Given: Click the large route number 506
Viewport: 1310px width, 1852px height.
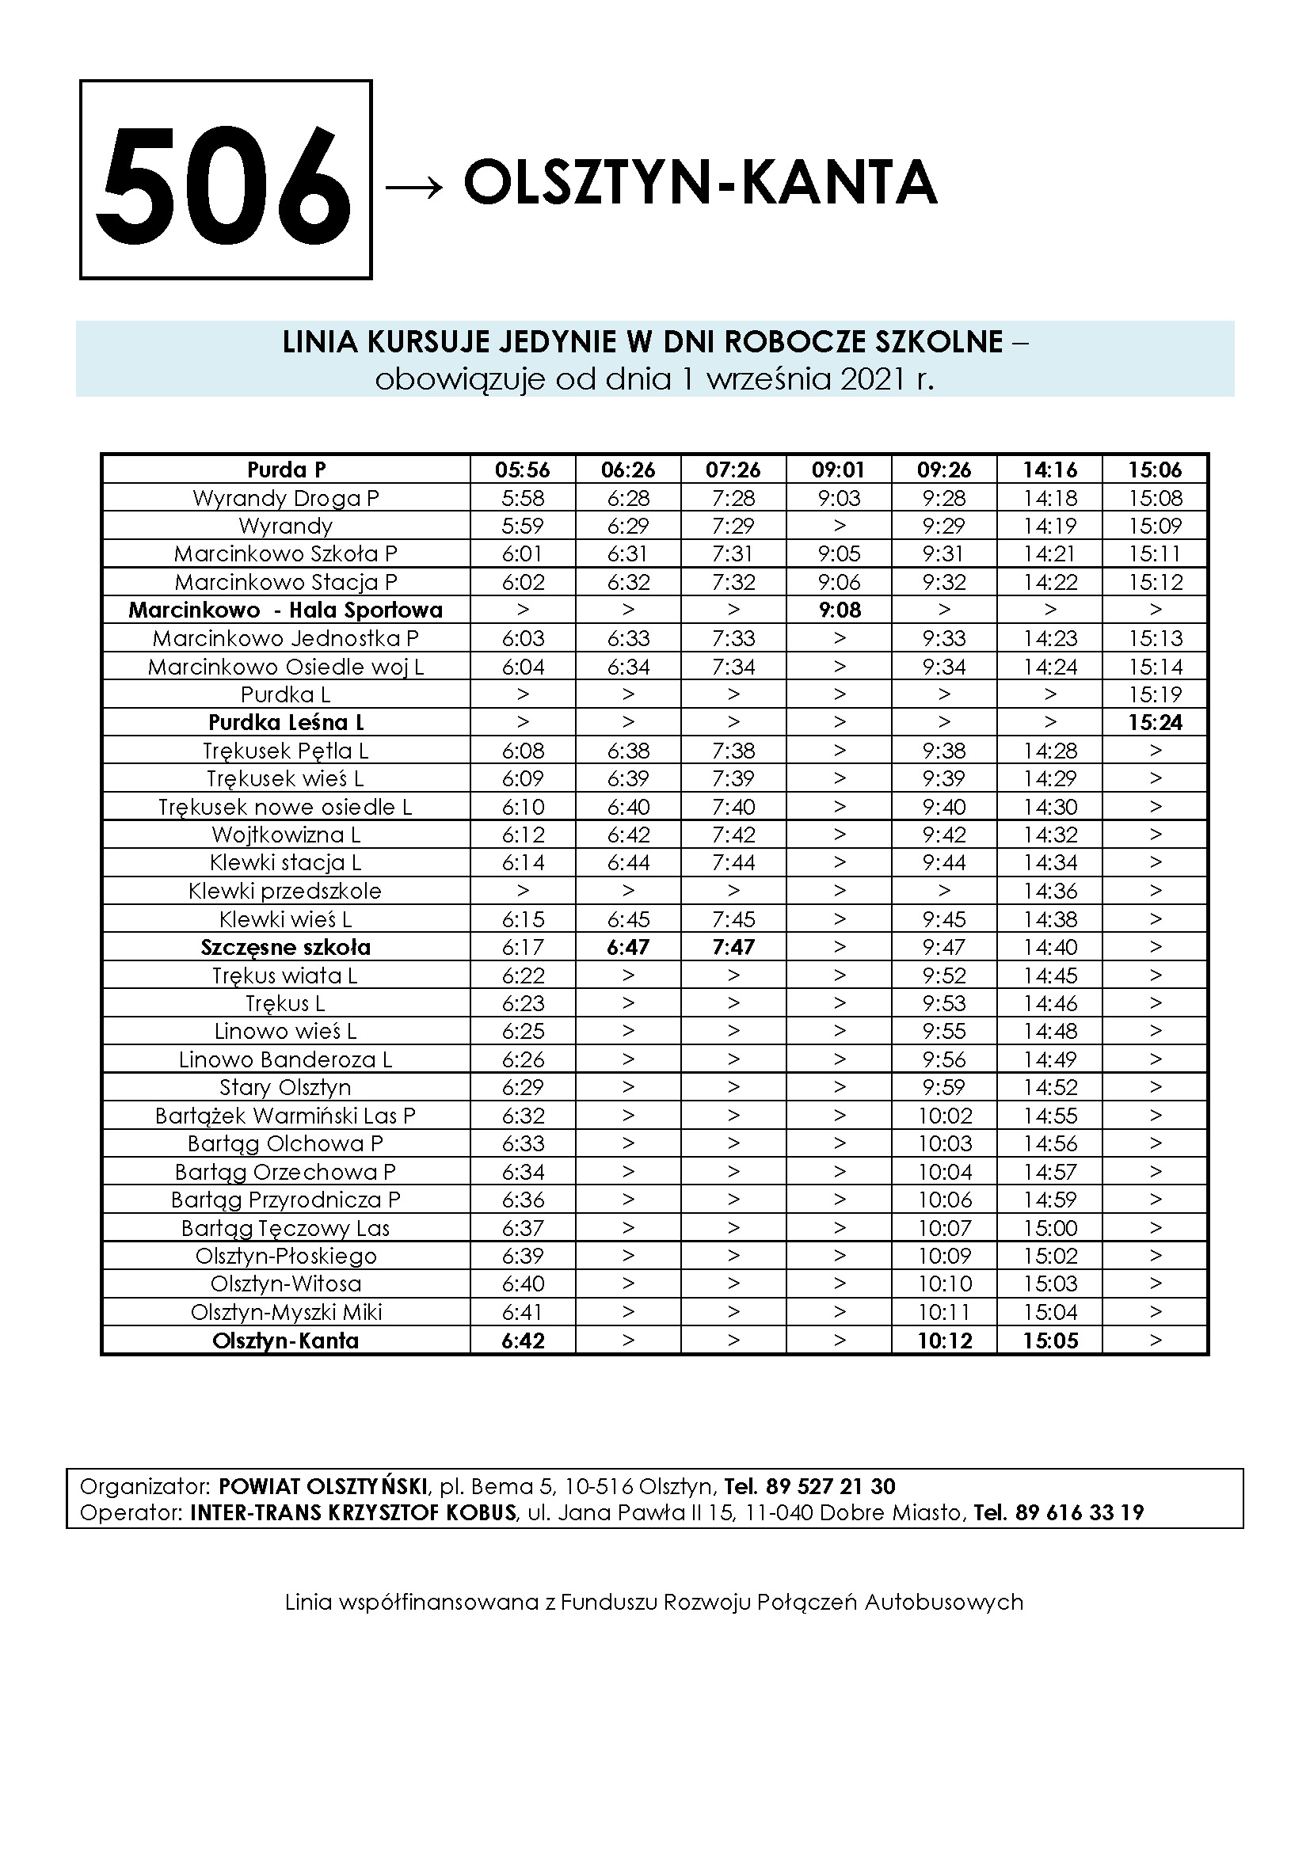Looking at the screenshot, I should (225, 181).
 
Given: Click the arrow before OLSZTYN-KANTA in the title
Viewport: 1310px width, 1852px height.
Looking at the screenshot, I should (413, 186).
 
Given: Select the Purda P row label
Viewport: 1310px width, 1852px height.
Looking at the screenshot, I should (286, 470).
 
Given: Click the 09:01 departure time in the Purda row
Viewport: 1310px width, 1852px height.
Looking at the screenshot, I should (839, 470).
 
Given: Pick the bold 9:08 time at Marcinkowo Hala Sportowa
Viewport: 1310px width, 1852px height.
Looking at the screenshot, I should (839, 610).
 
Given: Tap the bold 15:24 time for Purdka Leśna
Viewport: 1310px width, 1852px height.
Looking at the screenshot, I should (1155, 722).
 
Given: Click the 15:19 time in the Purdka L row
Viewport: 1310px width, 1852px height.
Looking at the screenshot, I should (1155, 694).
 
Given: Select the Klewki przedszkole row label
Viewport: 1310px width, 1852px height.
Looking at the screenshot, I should (286, 891).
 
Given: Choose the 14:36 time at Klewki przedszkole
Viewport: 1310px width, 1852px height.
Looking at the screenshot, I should (1050, 891).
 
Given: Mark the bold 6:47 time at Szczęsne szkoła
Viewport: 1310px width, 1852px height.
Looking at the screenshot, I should (628, 947).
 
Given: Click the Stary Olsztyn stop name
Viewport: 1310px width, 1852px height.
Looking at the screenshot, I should (286, 1087).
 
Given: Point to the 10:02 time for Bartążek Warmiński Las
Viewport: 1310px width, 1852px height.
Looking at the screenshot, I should (945, 1116).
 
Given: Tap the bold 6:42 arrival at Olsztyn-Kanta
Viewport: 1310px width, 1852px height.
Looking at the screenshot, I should (523, 1341).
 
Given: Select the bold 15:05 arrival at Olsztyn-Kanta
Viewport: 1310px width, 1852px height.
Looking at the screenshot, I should (1050, 1341).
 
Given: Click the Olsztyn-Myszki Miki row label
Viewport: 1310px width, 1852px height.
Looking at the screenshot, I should (286, 1312).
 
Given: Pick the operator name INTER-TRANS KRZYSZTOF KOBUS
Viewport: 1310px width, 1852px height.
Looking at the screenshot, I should (352, 1512).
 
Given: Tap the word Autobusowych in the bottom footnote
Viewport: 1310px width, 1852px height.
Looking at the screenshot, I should (944, 1602).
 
